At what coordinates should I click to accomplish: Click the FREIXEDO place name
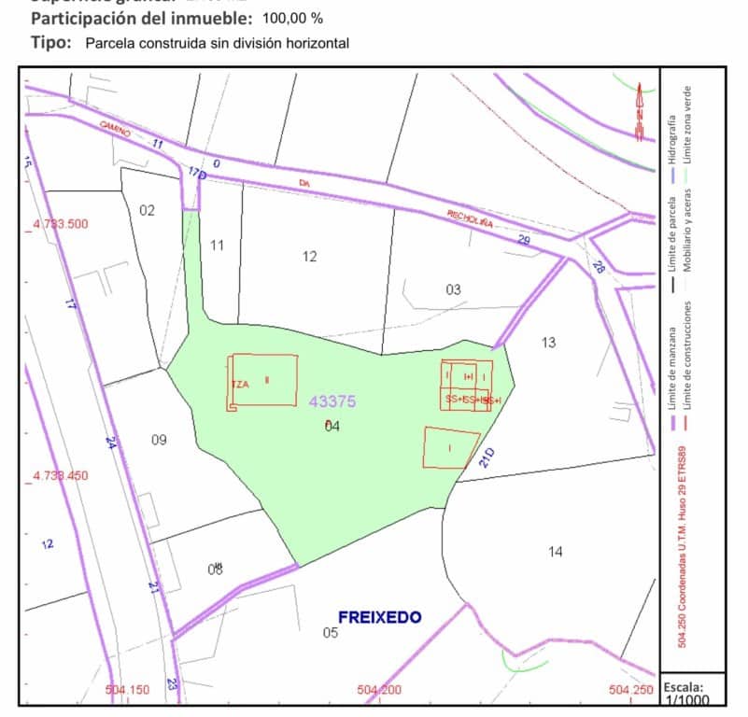click(x=379, y=617)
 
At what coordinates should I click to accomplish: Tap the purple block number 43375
click(x=332, y=401)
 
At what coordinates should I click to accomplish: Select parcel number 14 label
click(x=556, y=552)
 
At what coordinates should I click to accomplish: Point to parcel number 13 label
click(x=548, y=343)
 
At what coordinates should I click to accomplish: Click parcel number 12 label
click(x=310, y=256)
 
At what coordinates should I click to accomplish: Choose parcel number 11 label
click(x=218, y=246)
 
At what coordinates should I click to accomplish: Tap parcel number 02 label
click(x=147, y=210)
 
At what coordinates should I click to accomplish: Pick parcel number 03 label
click(x=453, y=289)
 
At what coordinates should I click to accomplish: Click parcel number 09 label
click(x=159, y=440)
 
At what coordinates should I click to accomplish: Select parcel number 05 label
click(x=330, y=633)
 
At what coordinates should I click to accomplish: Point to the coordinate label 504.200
click(x=379, y=690)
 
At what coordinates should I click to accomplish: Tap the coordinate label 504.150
click(x=128, y=690)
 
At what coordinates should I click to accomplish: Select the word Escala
click(x=684, y=687)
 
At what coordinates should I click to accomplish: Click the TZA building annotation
click(x=240, y=385)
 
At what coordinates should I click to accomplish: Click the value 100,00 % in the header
click(x=293, y=18)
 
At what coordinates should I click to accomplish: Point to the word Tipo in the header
click(x=50, y=42)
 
